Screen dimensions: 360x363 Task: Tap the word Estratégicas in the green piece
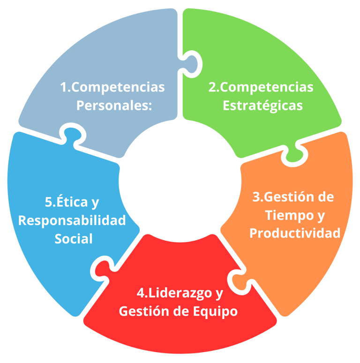(262, 106)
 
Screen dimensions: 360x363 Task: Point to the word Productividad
(295, 233)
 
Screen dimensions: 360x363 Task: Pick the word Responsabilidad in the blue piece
(72, 220)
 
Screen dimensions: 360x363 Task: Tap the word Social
(74, 238)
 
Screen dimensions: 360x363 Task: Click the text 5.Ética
(66, 203)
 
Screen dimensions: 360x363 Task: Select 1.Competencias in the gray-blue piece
(112, 87)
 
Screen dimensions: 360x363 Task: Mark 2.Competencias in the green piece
(261, 87)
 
